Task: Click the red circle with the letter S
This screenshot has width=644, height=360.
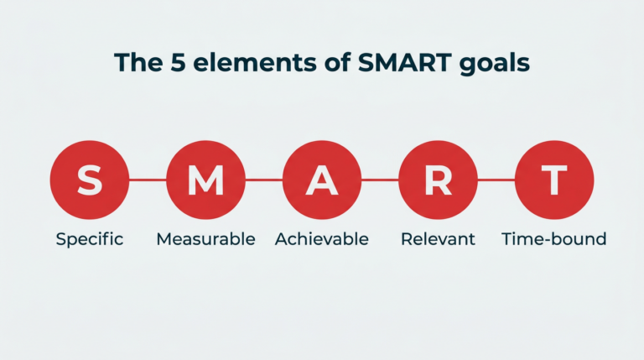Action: tap(90, 180)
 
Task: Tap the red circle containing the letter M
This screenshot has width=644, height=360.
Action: tap(205, 180)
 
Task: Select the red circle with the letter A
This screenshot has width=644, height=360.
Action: tap(322, 180)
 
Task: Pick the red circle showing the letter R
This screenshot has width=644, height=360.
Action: tap(439, 180)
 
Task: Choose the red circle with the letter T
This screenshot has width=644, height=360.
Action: tap(554, 180)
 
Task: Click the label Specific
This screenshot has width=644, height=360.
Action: tap(90, 239)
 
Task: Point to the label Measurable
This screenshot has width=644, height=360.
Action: tap(205, 239)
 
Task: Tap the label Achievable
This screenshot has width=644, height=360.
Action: tap(322, 239)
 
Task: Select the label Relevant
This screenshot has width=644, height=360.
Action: tap(439, 239)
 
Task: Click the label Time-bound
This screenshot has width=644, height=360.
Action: tap(554, 239)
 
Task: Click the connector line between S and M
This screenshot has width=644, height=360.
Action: tap(148, 180)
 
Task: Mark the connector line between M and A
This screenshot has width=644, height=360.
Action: tap(264, 180)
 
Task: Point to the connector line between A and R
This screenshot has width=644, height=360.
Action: tap(381, 180)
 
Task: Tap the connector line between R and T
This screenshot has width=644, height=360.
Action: tap(496, 180)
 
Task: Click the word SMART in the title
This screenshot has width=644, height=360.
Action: tap(404, 62)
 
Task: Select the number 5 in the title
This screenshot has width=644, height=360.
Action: tap(178, 63)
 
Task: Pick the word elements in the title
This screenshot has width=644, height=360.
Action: tap(255, 62)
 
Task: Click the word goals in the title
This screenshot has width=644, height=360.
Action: tap(495, 64)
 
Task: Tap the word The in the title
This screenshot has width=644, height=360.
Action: tap(138, 62)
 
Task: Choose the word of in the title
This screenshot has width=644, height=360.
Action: tap(337, 62)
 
